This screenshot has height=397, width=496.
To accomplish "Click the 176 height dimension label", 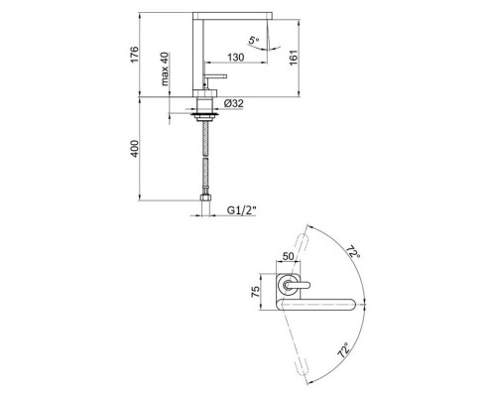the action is [x=135, y=55].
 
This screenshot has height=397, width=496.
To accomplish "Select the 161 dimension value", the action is [x=294, y=58].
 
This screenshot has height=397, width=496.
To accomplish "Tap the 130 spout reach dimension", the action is [x=236, y=58].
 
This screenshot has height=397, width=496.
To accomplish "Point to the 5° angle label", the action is [x=254, y=41].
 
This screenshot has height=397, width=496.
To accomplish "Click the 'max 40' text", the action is [x=165, y=68].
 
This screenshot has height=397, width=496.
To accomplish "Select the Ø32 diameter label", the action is [x=233, y=103].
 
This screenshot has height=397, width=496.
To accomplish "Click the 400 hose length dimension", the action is [x=135, y=149].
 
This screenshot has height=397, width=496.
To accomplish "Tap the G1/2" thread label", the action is [x=241, y=210].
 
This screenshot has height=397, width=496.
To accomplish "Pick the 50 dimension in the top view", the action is [x=288, y=256].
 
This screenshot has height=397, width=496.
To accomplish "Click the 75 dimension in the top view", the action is [x=256, y=292].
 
